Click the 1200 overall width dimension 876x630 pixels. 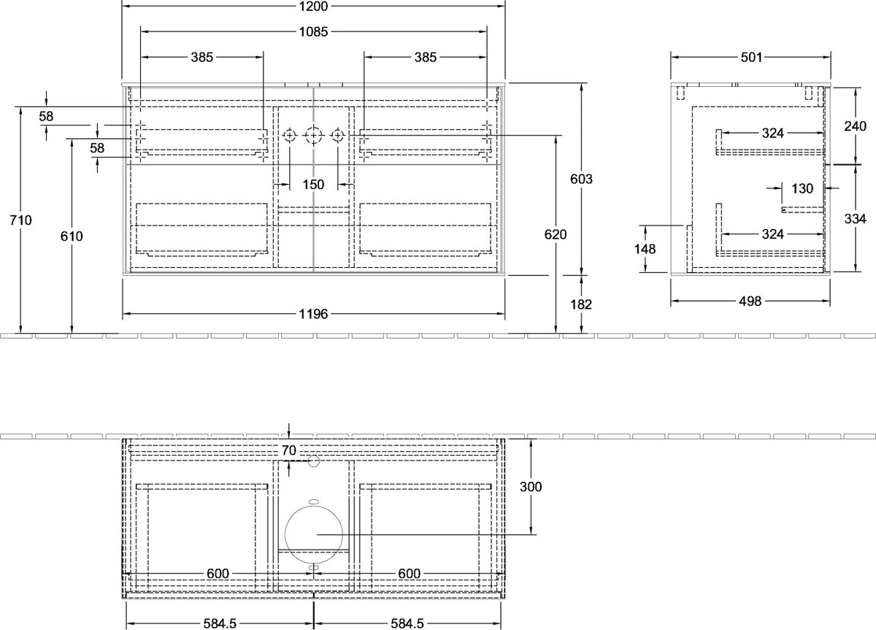313,7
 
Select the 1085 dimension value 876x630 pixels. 313,31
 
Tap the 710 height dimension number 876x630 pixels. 20,220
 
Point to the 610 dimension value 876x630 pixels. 72,236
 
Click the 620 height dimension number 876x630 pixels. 556,234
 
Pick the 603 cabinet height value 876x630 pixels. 581,179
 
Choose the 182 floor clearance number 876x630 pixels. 581,304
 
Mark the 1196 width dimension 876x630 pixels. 313,314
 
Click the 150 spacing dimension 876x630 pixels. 313,184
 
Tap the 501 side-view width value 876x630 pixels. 751,58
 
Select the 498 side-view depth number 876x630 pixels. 750,301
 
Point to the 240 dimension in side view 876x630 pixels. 856,126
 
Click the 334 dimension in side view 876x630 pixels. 856,218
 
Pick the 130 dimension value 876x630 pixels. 802,188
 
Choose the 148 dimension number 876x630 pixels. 645,249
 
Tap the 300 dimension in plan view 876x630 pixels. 531,486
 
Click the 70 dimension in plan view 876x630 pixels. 288,450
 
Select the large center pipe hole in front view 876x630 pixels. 314,135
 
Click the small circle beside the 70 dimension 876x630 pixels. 314,461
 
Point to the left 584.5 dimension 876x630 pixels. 220,623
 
